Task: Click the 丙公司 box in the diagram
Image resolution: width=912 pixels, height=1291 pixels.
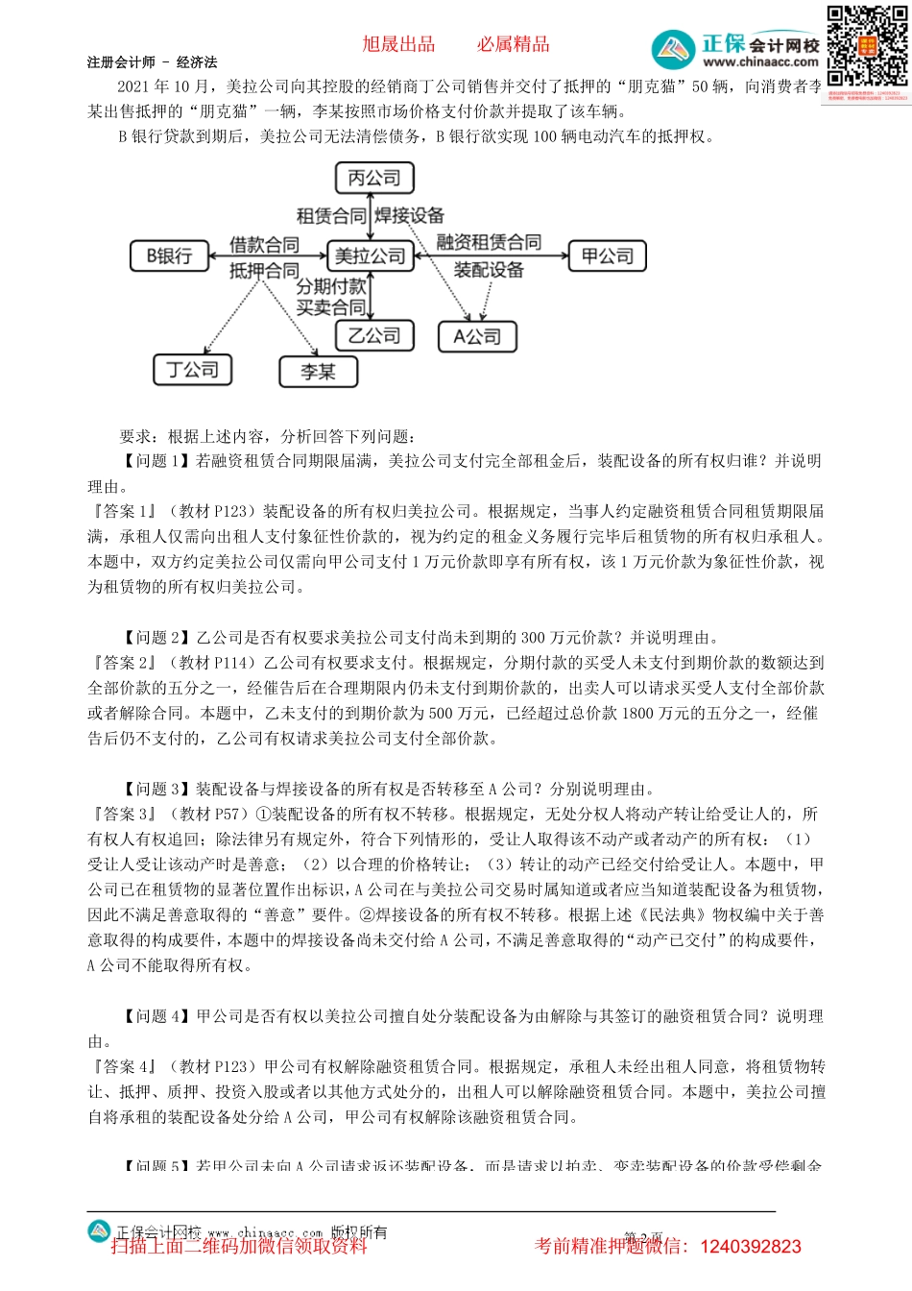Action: (374, 178)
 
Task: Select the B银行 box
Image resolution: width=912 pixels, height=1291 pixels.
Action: (170, 256)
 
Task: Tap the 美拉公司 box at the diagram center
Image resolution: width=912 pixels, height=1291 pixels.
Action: (371, 256)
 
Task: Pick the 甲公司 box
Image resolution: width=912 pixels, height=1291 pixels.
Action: (608, 256)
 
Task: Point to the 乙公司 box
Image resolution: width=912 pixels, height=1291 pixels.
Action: (374, 335)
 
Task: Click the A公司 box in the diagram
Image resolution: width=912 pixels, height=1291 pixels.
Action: (477, 336)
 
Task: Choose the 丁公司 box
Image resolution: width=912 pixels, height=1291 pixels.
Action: (193, 370)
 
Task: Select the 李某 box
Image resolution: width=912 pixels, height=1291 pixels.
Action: (318, 372)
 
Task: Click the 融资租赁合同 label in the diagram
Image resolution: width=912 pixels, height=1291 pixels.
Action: (489, 241)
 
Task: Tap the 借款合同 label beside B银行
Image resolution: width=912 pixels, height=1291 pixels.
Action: (264, 245)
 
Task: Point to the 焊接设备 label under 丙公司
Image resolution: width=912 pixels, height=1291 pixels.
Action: (410, 215)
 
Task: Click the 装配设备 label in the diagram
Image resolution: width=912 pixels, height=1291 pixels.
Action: (489, 270)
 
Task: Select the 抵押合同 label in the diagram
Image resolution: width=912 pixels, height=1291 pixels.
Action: (264, 271)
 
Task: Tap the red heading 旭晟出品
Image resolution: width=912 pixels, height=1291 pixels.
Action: (398, 44)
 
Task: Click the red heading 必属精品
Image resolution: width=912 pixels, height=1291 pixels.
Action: (514, 44)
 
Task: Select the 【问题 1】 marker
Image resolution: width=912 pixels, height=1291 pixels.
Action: (156, 461)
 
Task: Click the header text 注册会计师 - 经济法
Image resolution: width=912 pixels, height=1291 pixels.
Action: (152, 62)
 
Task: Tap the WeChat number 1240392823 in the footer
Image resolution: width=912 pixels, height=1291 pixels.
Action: (751, 1247)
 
